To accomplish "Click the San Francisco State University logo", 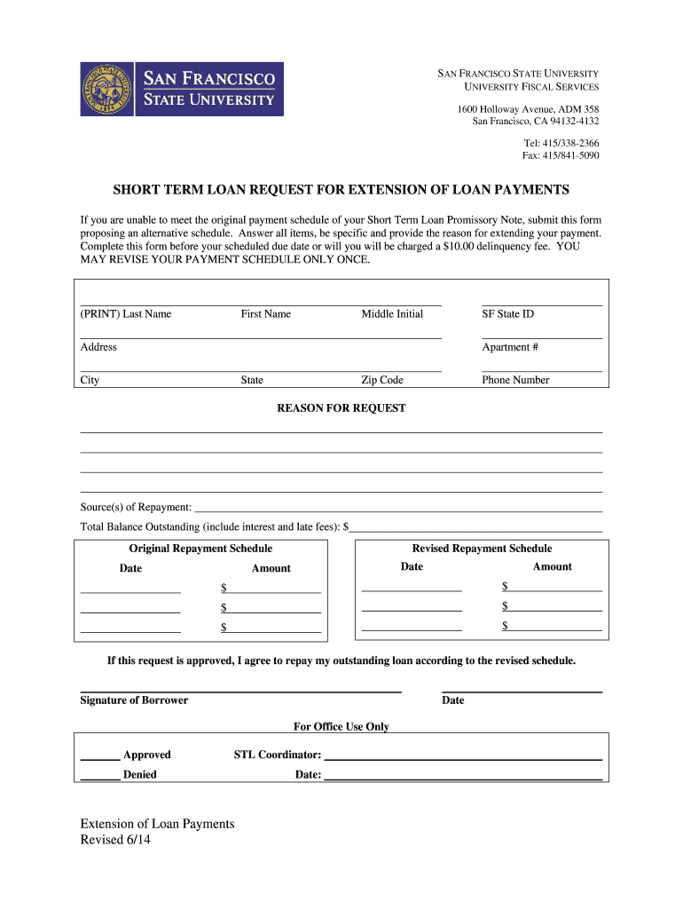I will coord(182,89).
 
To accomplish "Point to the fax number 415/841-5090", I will coord(560,155).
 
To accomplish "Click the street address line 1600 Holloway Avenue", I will coord(528,109).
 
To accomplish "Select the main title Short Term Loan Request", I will coord(341,190).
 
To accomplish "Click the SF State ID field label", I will coord(507,314).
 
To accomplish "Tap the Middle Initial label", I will coord(392,314).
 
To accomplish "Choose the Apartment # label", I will coord(510,347).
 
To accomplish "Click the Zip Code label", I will coord(381,380).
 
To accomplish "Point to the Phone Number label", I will coord(515,380).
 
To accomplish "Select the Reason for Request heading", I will coord(341,408).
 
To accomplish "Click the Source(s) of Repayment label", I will coord(136,507).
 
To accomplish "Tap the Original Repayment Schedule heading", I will coord(200,549).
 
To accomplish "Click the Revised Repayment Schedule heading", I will coord(482,549).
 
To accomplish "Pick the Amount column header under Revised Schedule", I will coord(552,566).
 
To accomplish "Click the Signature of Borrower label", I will coord(134,700).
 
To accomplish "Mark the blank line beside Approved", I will coord(100,759).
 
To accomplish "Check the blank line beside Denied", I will coord(100,779).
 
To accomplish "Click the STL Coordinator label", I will coord(277,755).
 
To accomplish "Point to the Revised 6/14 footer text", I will coord(116,841).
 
